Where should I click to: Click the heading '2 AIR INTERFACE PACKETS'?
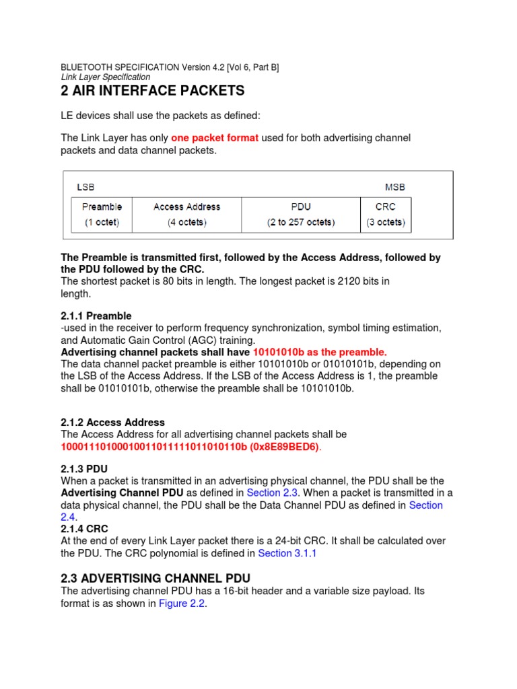pos(153,91)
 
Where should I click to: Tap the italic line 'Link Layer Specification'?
pos(106,77)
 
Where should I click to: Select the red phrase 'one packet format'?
pos(215,138)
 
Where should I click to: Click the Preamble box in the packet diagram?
pos(102,215)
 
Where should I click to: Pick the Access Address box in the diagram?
pos(186,215)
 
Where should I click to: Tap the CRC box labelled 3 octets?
pos(386,215)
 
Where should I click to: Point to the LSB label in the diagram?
pos(86,187)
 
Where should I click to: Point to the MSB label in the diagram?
pos(394,187)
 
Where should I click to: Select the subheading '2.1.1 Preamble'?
pos(96,316)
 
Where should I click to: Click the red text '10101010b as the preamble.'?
pos(320,352)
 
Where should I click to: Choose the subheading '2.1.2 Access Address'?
pos(112,423)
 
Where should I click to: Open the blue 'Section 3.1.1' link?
pos(287,553)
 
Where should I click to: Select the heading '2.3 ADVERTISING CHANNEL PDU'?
pos(156,577)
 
